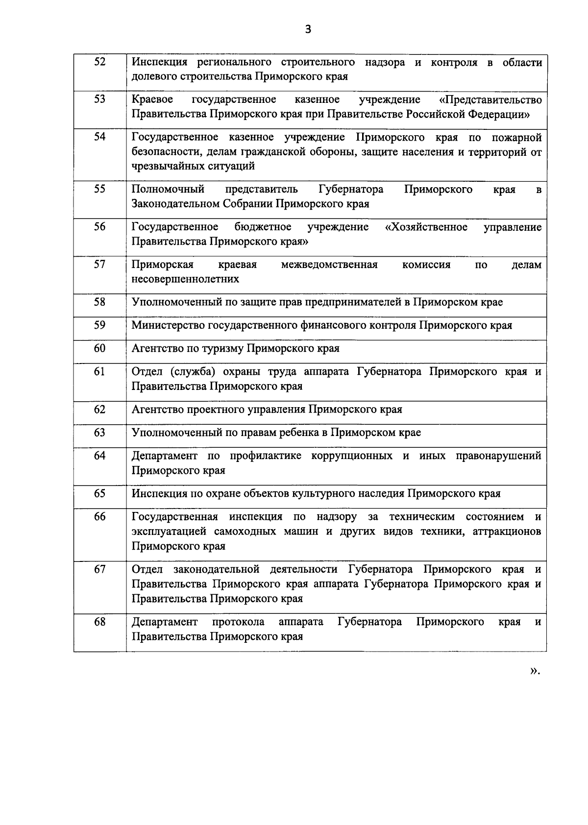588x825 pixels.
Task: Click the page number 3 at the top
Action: point(308,29)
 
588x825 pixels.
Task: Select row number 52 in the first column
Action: point(99,62)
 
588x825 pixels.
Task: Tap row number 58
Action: point(99,302)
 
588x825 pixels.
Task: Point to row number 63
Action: point(99,433)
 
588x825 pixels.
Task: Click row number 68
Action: point(99,622)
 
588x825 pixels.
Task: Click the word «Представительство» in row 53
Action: point(490,100)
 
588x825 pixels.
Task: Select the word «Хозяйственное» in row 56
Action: point(426,227)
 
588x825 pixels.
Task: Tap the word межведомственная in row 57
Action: point(329,265)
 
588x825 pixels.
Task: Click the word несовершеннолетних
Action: point(185,279)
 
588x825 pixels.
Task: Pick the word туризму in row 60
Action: point(223,349)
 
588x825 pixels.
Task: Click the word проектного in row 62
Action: point(212,410)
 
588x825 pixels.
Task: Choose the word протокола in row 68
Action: point(238,622)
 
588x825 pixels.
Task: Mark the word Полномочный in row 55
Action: point(168,190)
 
